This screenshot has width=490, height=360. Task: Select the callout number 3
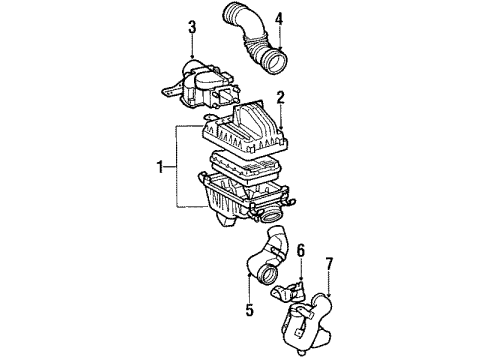pos(190,26)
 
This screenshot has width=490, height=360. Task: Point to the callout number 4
pos(279,17)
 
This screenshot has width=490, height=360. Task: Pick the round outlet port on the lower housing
pos(272,213)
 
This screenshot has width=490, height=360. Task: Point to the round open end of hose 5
pos(268,300)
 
